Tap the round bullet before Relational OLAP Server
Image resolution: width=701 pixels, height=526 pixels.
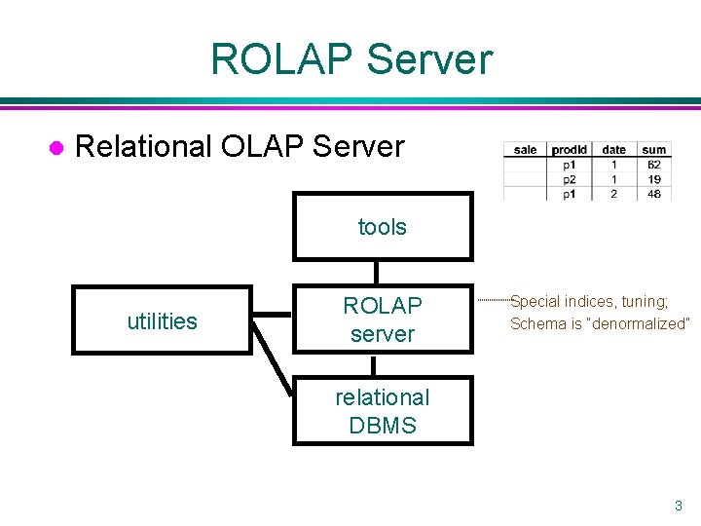pyautogui.click(x=56, y=147)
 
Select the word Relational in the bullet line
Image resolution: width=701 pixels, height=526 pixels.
pyautogui.click(x=143, y=147)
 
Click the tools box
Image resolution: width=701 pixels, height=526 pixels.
pyautogui.click(x=383, y=227)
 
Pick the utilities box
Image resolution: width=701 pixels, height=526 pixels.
pyautogui.click(x=162, y=320)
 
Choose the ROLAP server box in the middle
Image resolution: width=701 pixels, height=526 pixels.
pyautogui.click(x=383, y=319)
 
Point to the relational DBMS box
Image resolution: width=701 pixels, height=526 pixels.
pyautogui.click(x=383, y=411)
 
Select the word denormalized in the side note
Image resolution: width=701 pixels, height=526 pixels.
pyautogui.click(x=640, y=323)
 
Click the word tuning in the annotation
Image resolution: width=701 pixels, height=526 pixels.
pyautogui.click(x=646, y=302)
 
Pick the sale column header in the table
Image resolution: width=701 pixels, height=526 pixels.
pyautogui.click(x=525, y=150)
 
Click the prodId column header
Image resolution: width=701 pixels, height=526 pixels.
pyautogui.click(x=570, y=150)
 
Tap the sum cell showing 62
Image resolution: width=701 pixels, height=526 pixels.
pyautogui.click(x=654, y=165)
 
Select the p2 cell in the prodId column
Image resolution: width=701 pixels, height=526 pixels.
pyautogui.click(x=570, y=179)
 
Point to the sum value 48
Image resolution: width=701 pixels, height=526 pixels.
pyautogui.click(x=654, y=194)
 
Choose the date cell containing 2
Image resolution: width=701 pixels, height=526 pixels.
pyautogui.click(x=614, y=194)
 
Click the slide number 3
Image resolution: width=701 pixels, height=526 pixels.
pyautogui.click(x=679, y=506)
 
